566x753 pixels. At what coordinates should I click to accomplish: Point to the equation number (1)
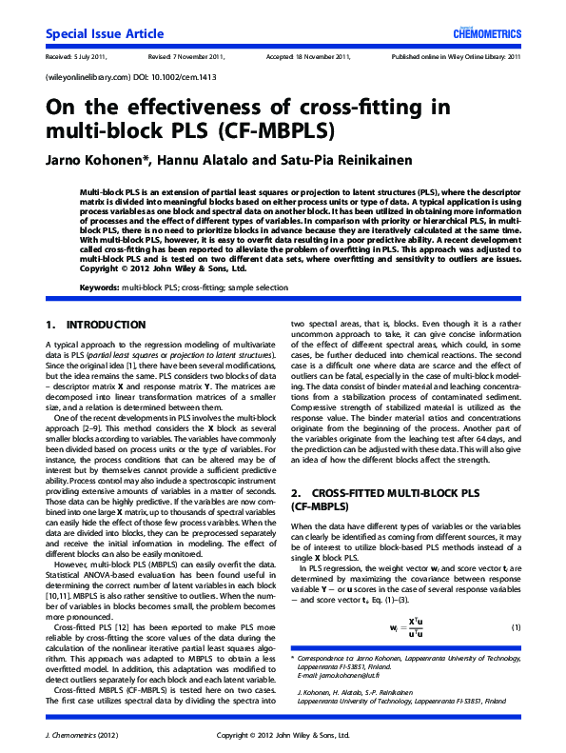[517, 627]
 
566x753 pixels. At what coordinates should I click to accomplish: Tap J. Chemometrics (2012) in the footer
[81, 735]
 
